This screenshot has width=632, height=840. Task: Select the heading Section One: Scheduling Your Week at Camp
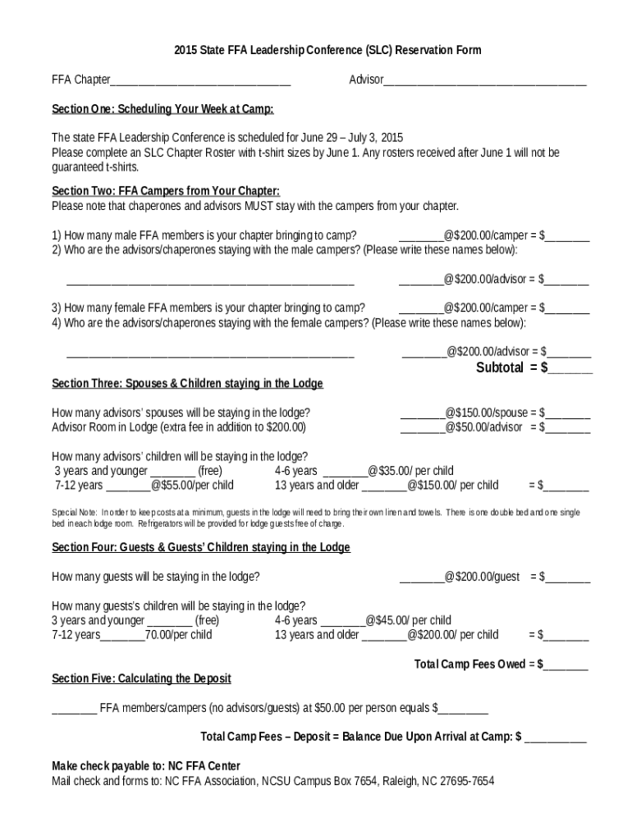click(x=163, y=109)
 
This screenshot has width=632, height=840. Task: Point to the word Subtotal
click(x=500, y=367)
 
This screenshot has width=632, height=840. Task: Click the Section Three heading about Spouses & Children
click(x=187, y=383)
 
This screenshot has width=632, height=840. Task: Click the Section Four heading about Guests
click(x=201, y=547)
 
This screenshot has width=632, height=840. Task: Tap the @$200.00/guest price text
click(x=482, y=577)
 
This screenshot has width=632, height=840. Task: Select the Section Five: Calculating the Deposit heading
click(x=141, y=678)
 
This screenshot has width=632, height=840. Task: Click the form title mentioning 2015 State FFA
click(x=316, y=50)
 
